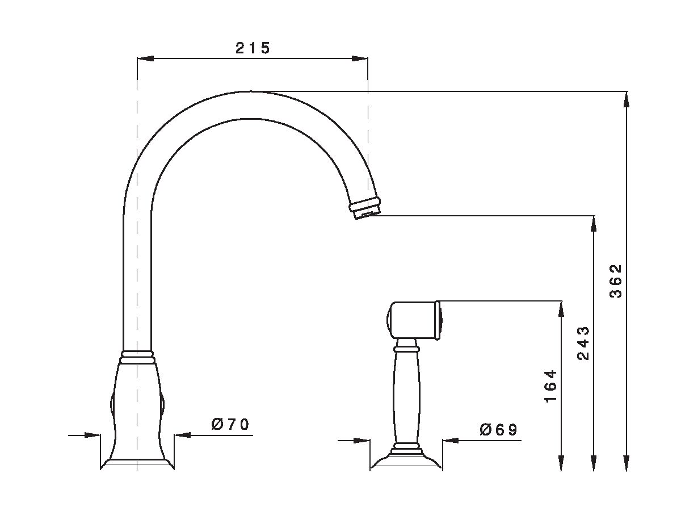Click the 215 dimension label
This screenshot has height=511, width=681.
(x=253, y=48)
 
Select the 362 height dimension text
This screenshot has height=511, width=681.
(x=616, y=281)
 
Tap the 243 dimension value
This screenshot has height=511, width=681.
(x=583, y=344)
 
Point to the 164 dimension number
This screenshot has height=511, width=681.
(x=550, y=386)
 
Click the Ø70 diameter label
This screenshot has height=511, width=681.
(x=230, y=425)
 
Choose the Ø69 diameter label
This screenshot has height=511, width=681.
(x=498, y=430)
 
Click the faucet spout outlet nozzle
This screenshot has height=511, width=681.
(x=365, y=208)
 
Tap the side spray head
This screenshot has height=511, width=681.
(x=414, y=321)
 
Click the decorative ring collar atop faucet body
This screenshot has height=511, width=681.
(x=137, y=356)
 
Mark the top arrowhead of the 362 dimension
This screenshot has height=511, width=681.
(x=627, y=99)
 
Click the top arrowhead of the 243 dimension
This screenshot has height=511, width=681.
(x=594, y=224)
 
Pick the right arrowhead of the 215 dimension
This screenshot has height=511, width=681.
(x=360, y=58)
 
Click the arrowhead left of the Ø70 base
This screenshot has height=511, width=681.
(x=93, y=435)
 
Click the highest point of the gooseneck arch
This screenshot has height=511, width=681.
(x=250, y=92)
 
